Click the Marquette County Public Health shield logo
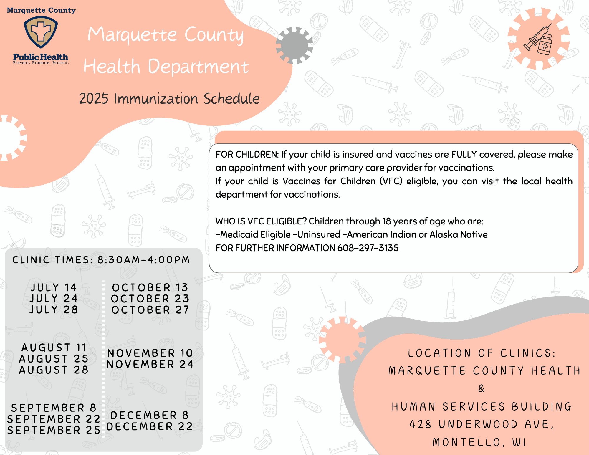pyautogui.click(x=41, y=32)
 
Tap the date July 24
pyautogui.click(x=54, y=299)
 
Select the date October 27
pyautogui.click(x=150, y=310)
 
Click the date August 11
pyautogui.click(x=54, y=348)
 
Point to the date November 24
pyautogui.click(x=150, y=364)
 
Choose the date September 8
pyautogui.click(x=54, y=408)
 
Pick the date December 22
pyautogui.click(x=150, y=426)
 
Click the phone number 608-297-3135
pyautogui.click(x=368, y=248)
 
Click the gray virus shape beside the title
pyautogui.click(x=294, y=45)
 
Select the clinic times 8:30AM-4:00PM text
pyautogui.click(x=144, y=260)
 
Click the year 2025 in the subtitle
pyautogui.click(x=94, y=99)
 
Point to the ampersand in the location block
pyautogui.click(x=482, y=388)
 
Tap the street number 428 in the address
pyautogui.click(x=420, y=424)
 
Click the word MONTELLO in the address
pyautogui.click(x=466, y=442)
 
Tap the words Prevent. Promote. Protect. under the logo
pyautogui.click(x=41, y=63)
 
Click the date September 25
pyautogui.click(x=54, y=430)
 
